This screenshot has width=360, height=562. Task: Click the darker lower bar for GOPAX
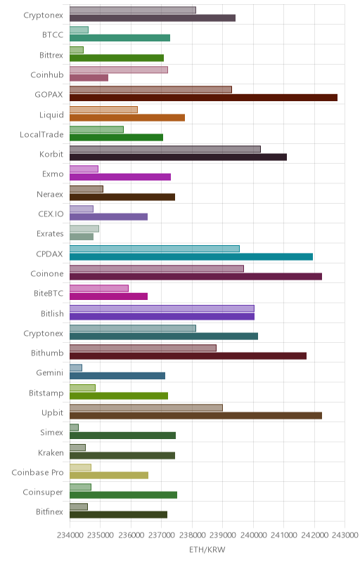click(203, 98)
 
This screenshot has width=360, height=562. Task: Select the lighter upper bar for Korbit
click(165, 149)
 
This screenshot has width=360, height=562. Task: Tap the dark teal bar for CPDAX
click(191, 256)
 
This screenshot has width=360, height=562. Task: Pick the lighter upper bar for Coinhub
click(119, 70)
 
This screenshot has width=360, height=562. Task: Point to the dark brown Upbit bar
click(195, 416)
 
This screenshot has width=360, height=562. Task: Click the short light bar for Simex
click(74, 427)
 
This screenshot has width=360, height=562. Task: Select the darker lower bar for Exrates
click(82, 237)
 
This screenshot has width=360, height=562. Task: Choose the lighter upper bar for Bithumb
click(143, 348)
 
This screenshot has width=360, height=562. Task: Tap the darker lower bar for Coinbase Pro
click(109, 476)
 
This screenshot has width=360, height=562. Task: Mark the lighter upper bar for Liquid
click(103, 110)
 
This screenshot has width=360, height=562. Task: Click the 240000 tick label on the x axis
click(253, 535)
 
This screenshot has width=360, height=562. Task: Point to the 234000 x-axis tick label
click(70, 535)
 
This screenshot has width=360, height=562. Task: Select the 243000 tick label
click(345, 535)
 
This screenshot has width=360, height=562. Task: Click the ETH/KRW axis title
click(207, 550)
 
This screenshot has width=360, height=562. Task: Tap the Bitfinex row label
click(49, 512)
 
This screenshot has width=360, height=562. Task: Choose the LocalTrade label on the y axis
click(41, 134)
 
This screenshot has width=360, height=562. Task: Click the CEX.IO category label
click(51, 214)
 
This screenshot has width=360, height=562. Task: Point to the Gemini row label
click(50, 373)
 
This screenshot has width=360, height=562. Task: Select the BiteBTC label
click(49, 293)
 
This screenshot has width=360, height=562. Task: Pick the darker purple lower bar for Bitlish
click(162, 316)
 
